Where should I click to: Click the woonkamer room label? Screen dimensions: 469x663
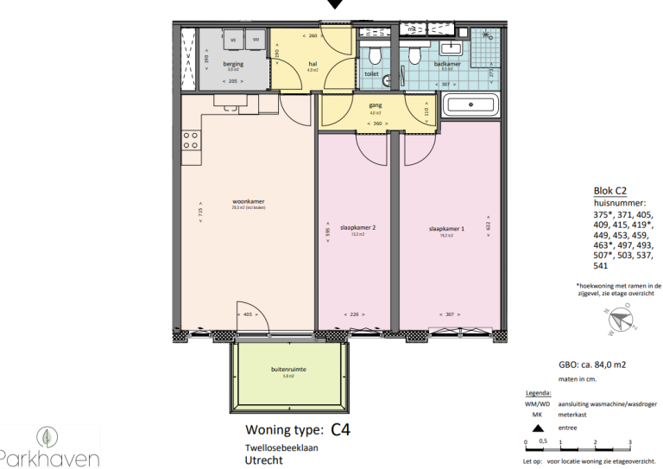(x=248, y=202)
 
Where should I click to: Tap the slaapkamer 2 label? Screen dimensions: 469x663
(x=358, y=228)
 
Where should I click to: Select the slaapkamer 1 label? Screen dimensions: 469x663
(x=446, y=228)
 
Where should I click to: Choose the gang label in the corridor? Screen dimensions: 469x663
(x=376, y=105)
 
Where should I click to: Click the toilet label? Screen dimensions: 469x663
(x=371, y=74)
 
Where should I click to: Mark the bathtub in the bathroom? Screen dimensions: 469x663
(x=470, y=105)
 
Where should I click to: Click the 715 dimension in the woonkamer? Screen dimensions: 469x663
(x=199, y=213)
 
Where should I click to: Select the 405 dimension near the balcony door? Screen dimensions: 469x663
(x=249, y=315)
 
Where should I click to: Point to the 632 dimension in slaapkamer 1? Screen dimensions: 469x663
(x=489, y=225)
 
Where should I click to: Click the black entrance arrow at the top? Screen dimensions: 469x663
(x=335, y=5)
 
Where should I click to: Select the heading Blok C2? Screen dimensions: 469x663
(x=610, y=191)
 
